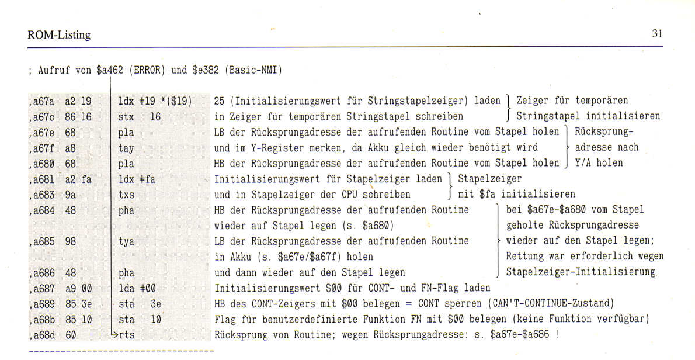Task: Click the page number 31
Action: click(657, 34)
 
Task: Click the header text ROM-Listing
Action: click(59, 35)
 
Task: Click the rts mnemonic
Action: click(127, 335)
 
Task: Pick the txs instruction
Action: click(126, 194)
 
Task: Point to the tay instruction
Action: click(126, 147)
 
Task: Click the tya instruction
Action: click(126, 241)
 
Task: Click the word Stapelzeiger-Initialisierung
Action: click(581, 272)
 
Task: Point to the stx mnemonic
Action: click(126, 116)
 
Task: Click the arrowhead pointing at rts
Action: click(114, 335)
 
